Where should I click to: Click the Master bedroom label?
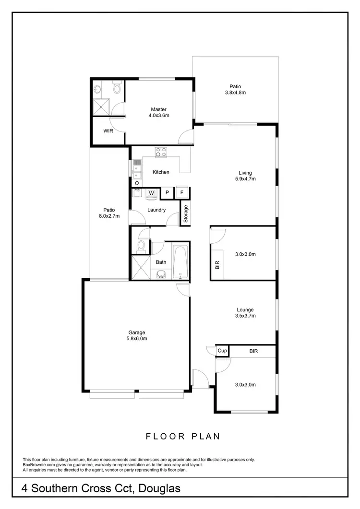coord(158,109)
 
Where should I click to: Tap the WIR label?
coord(108,130)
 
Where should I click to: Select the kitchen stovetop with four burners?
coord(161,152)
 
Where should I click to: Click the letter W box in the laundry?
coord(152,193)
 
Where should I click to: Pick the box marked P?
coord(167,193)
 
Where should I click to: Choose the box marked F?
coord(182,193)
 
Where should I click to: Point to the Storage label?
coord(186,214)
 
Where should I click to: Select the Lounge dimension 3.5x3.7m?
coord(245,316)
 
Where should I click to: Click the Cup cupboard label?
coord(222,351)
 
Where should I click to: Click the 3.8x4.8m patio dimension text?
coord(235,93)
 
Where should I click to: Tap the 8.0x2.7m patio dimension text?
coord(109,216)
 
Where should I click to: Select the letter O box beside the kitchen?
coord(137,183)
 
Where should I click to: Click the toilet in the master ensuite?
coord(116,88)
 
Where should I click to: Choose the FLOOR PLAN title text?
coord(183,436)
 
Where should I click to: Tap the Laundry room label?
coord(156,210)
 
